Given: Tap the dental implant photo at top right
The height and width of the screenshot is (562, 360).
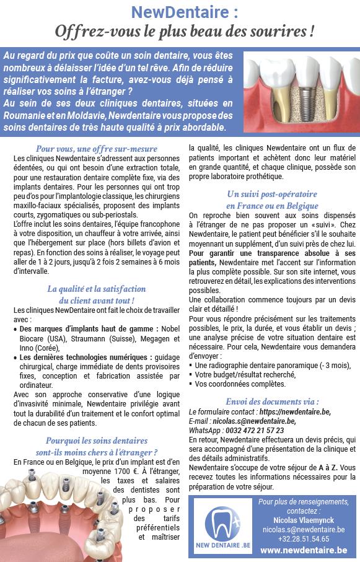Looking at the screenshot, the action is (301, 90).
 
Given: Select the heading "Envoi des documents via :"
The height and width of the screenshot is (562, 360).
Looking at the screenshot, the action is (272, 401).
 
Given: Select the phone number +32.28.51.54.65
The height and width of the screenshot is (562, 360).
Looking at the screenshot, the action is (303, 538).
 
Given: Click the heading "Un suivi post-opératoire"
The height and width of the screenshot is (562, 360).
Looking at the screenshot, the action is (272, 194).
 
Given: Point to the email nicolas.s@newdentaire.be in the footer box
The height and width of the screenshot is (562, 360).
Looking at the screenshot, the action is (303, 529).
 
